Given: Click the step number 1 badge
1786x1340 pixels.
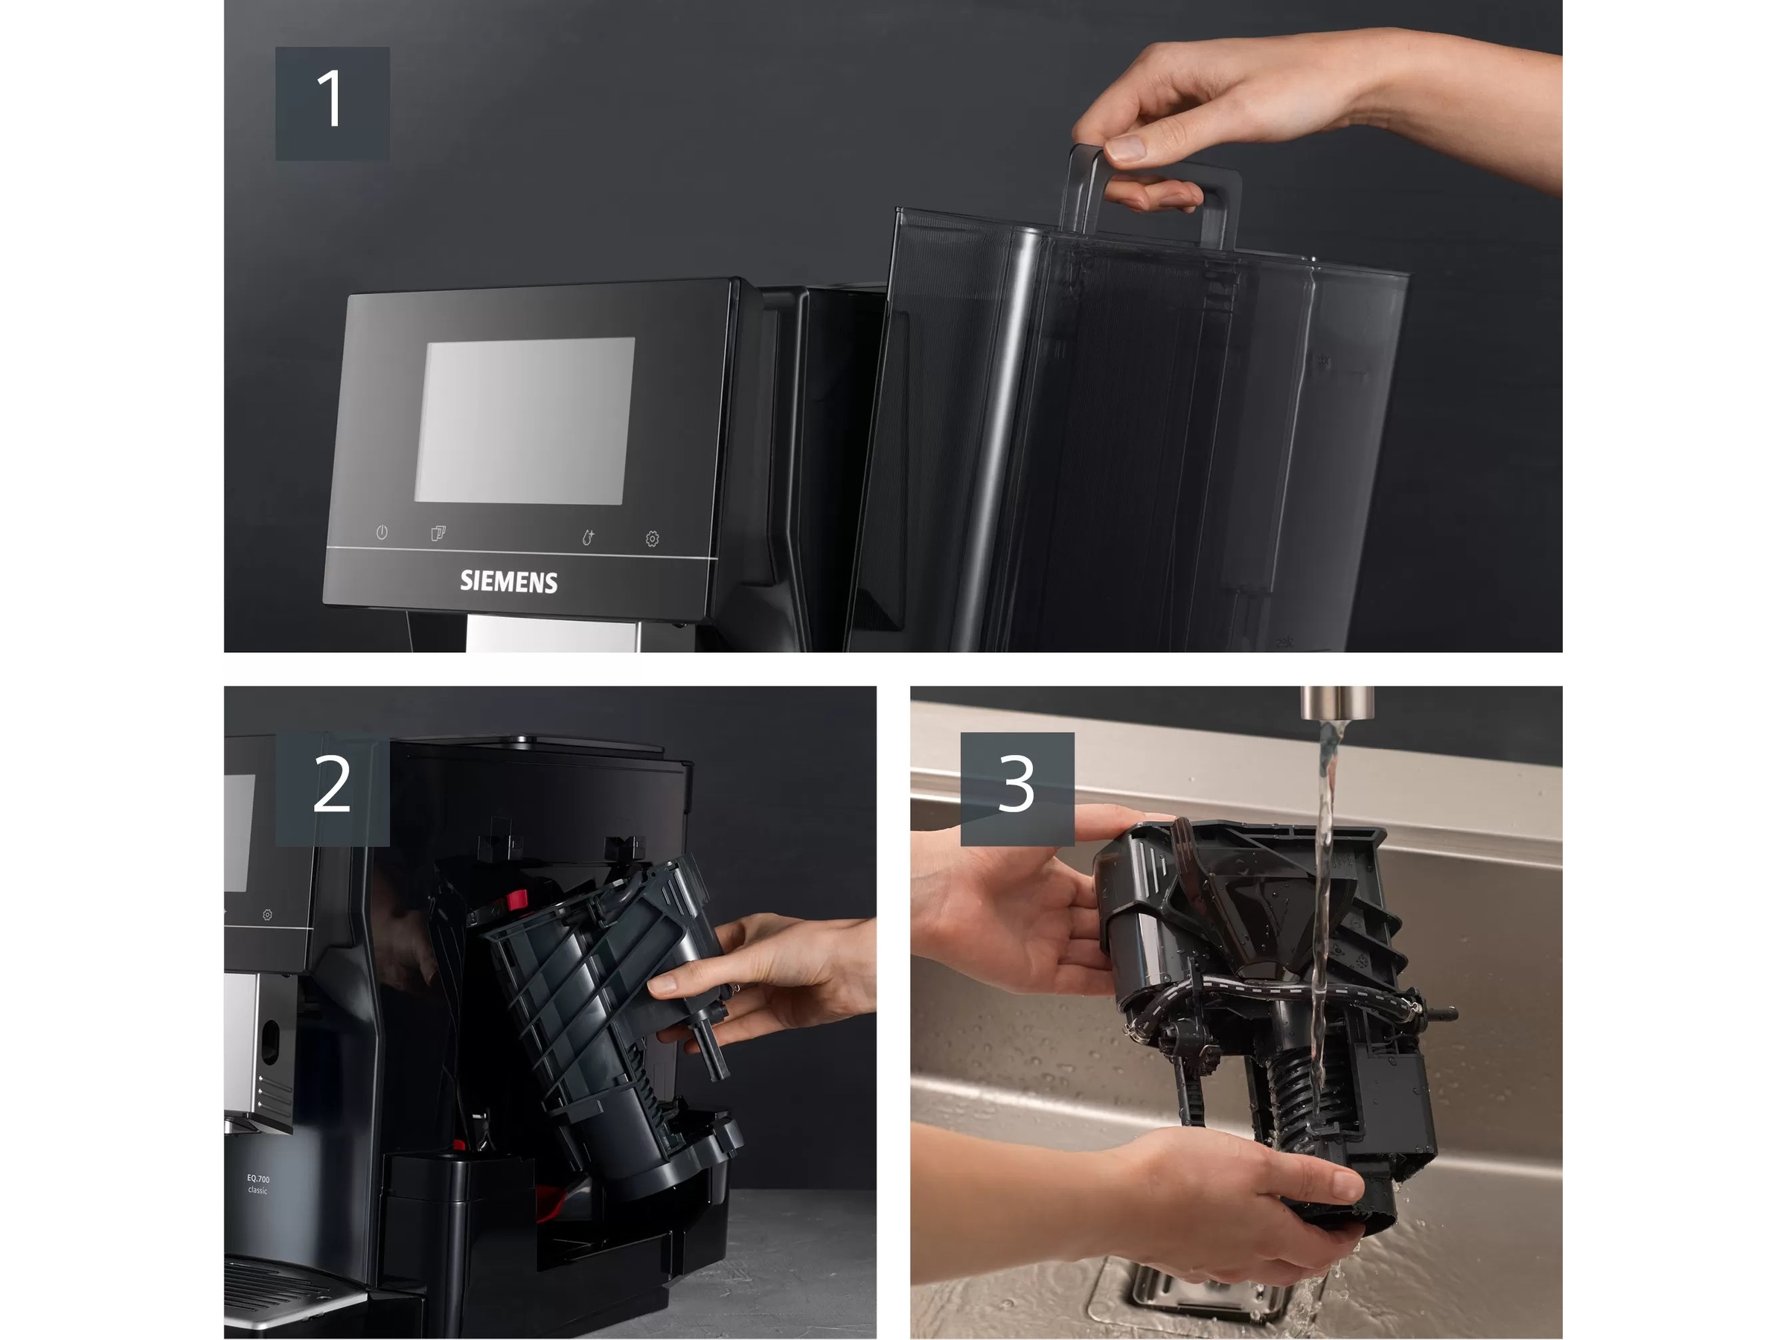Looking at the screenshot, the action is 332,103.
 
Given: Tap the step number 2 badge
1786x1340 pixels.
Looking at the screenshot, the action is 332,789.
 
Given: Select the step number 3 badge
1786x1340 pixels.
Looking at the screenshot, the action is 1017,789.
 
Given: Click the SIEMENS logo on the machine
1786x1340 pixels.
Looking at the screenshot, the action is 509,582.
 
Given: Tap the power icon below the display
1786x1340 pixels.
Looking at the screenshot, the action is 382,532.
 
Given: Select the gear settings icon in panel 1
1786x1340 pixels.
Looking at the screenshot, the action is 653,539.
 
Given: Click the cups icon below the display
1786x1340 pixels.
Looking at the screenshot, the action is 438,534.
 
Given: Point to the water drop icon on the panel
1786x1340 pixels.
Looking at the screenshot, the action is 588,538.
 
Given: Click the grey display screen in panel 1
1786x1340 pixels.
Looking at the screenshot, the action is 524,421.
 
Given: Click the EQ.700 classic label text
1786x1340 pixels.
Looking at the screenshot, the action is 258,1184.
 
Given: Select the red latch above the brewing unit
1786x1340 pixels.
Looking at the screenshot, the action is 516,899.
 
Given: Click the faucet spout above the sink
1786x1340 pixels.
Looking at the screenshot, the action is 1337,702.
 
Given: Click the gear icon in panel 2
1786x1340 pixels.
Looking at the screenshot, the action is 267,914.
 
